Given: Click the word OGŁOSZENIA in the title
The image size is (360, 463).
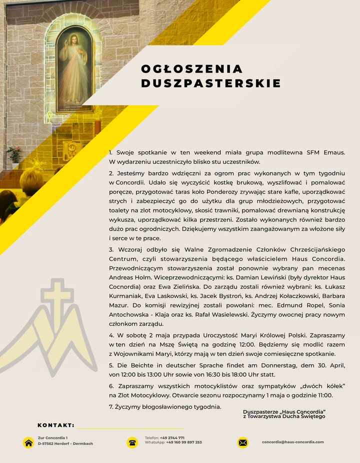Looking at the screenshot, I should [x=191, y=69].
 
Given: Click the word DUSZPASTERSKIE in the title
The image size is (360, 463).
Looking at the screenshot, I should [x=210, y=83].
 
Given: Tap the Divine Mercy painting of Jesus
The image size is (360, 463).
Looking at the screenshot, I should [x=75, y=70].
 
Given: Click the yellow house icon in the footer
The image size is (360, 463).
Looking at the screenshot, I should [x=28, y=442].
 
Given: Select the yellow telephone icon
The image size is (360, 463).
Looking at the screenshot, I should [x=132, y=442].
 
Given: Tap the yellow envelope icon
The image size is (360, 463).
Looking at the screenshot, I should [x=242, y=442].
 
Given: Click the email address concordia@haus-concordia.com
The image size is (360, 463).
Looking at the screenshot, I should [x=292, y=442].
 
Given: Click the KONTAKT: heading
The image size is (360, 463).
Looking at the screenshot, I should [x=56, y=425].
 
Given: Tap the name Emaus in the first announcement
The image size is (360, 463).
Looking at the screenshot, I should [x=333, y=152].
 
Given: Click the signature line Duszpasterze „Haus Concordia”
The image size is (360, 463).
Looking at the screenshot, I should [x=283, y=411].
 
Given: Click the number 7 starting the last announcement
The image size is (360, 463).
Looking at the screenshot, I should [x=111, y=406].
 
